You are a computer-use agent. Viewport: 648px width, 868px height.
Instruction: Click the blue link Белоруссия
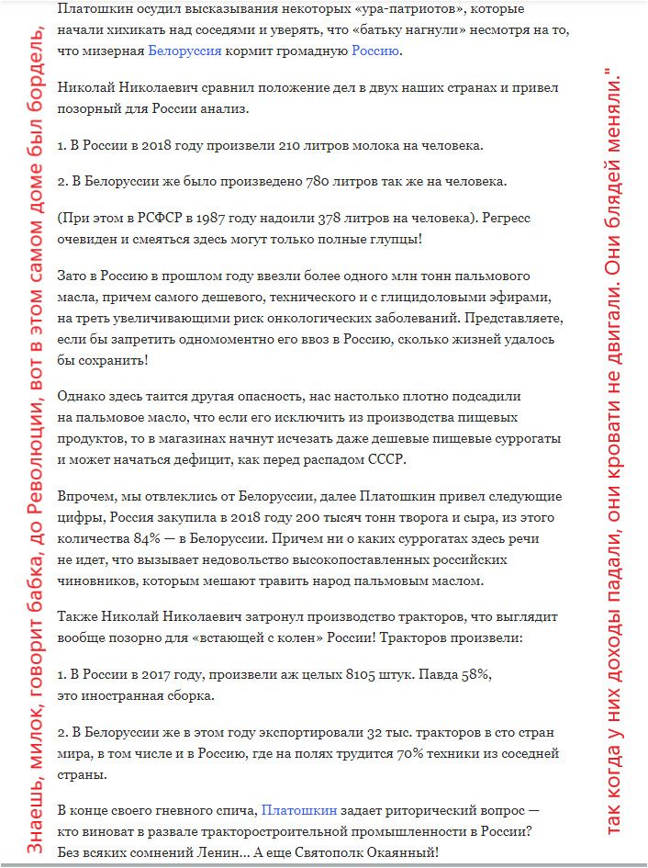184,51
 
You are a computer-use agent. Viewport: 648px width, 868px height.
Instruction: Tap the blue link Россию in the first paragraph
375,51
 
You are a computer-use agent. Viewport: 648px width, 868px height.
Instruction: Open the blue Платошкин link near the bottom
297,810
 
